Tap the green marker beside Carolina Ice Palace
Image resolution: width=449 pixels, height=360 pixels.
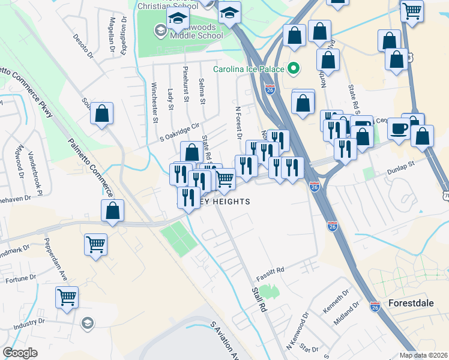tap(294, 69)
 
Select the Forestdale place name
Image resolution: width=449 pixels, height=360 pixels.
tap(411, 303)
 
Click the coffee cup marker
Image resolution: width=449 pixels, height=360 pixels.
tap(399, 128)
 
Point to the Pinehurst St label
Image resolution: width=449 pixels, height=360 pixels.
tap(186, 84)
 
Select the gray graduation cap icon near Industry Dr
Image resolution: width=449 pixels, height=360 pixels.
tap(88, 323)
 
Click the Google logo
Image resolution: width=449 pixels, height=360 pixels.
tap(20, 353)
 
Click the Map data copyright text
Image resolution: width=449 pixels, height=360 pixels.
tap(423, 355)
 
